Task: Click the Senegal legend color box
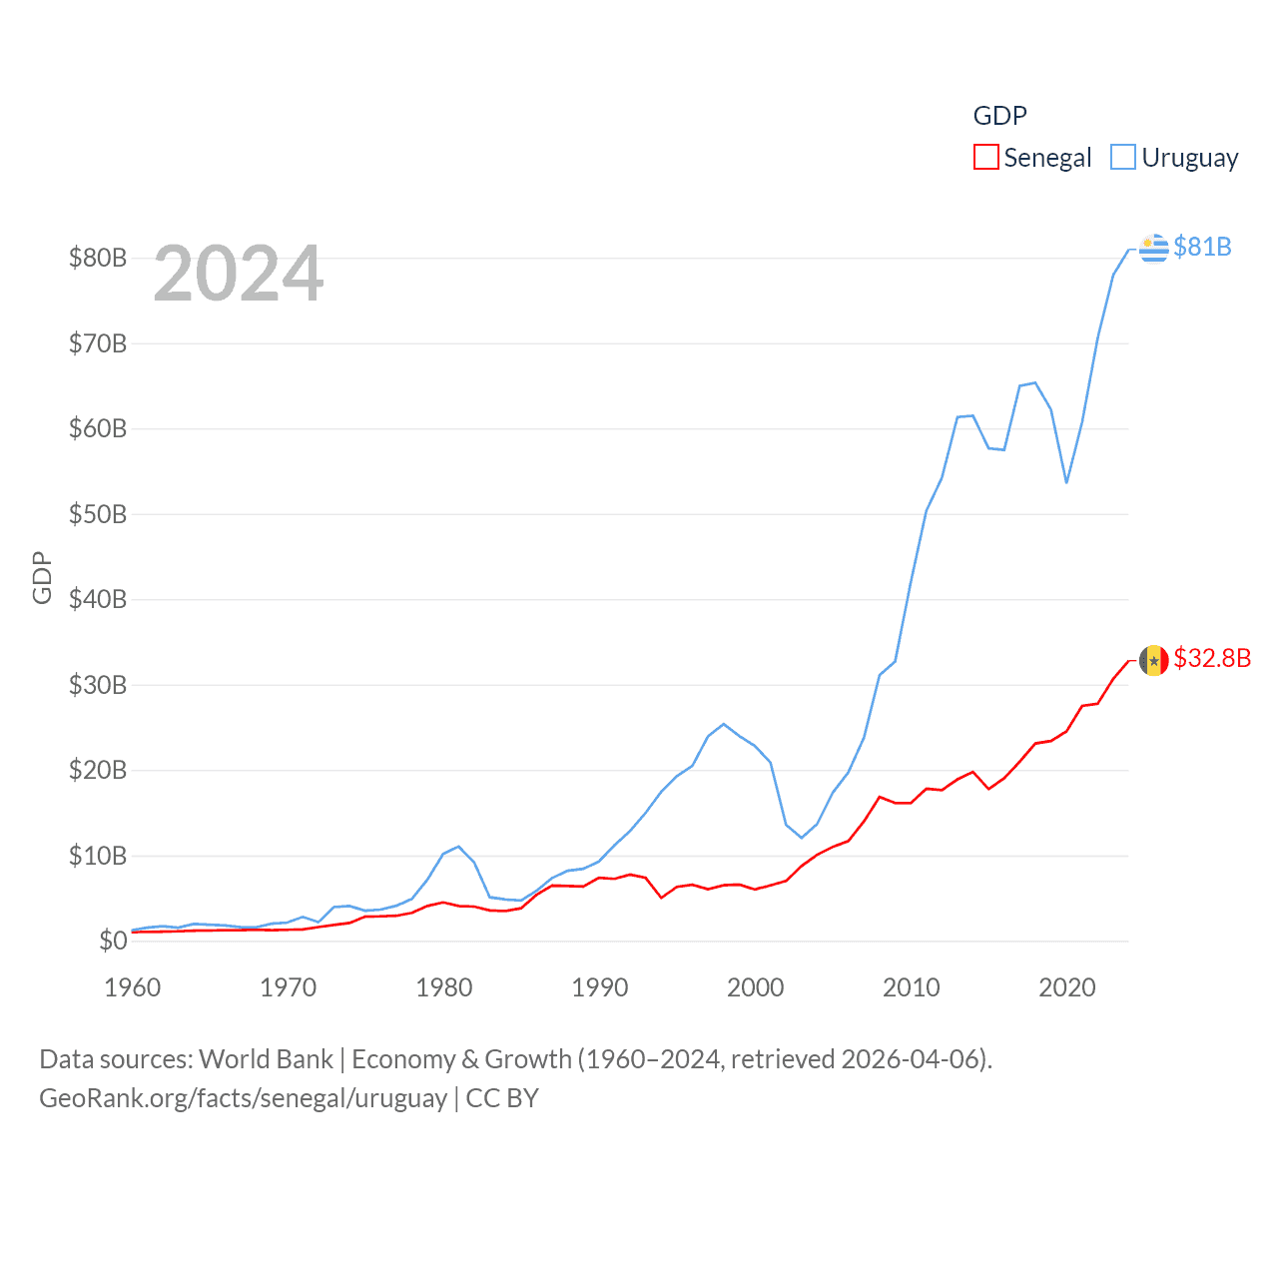(985, 158)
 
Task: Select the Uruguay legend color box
(1123, 158)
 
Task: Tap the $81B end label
(1202, 247)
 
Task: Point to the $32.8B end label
(1212, 658)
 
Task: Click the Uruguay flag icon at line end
(1154, 248)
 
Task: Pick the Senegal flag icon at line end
(1154, 660)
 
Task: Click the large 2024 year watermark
(239, 274)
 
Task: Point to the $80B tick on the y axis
(98, 258)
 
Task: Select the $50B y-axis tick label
(98, 514)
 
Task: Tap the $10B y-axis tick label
(98, 856)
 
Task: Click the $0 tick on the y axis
(113, 941)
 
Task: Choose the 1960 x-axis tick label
(133, 987)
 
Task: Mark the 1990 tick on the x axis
(600, 987)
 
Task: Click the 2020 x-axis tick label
(1067, 987)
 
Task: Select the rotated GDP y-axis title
(42, 577)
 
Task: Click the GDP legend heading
(999, 116)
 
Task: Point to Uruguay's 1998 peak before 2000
(724, 724)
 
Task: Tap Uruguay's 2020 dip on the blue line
(1066, 482)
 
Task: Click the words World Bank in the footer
(267, 1058)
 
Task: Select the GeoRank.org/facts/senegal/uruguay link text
(243, 1098)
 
